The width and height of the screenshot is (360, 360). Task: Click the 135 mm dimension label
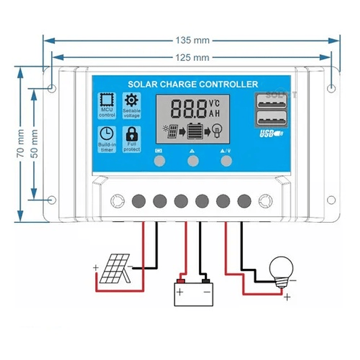192,40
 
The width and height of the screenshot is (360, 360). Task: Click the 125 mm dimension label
192,58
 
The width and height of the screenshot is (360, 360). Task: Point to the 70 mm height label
21,146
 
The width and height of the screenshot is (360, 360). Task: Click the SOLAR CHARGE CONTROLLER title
193,85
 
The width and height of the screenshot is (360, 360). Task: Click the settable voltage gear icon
132,99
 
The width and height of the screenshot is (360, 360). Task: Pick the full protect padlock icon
132,134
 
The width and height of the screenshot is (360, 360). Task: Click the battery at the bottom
193,293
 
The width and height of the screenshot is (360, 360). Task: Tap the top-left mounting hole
52,89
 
